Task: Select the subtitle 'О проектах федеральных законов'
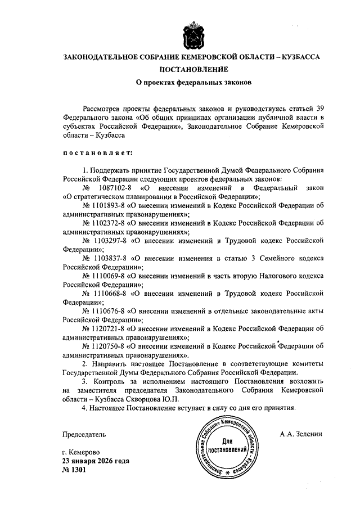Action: pyautogui.click(x=195, y=83)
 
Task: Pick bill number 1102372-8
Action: pyautogui.click(x=106, y=223)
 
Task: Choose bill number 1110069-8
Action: pyautogui.click(x=106, y=277)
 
